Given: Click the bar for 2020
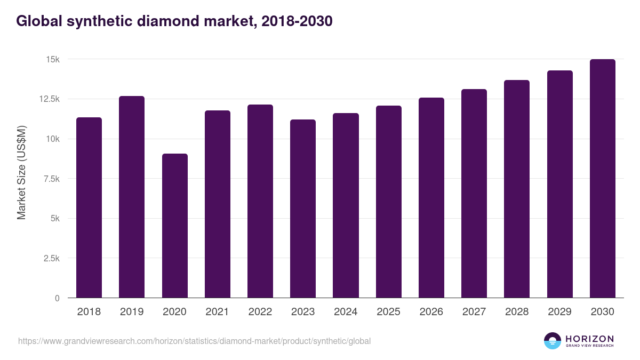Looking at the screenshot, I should click(174, 226).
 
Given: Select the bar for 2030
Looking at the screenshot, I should click(602, 179).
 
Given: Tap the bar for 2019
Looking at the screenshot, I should click(132, 197).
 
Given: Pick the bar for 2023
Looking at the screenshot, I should click(303, 209).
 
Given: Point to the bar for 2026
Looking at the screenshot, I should click(431, 198).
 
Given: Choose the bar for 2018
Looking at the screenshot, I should click(89, 207).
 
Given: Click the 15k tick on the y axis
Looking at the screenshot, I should click(52, 59).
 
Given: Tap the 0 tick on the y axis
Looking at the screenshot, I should click(57, 298).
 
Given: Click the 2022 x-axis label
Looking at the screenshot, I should click(260, 312).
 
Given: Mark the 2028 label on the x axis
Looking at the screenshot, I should click(517, 312).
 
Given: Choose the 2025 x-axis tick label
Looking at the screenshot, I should click(388, 312).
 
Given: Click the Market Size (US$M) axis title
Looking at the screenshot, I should click(21, 173).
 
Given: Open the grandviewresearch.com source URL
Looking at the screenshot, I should click(194, 341).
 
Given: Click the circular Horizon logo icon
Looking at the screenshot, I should click(553, 341).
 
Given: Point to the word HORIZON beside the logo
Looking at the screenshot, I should click(590, 339).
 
